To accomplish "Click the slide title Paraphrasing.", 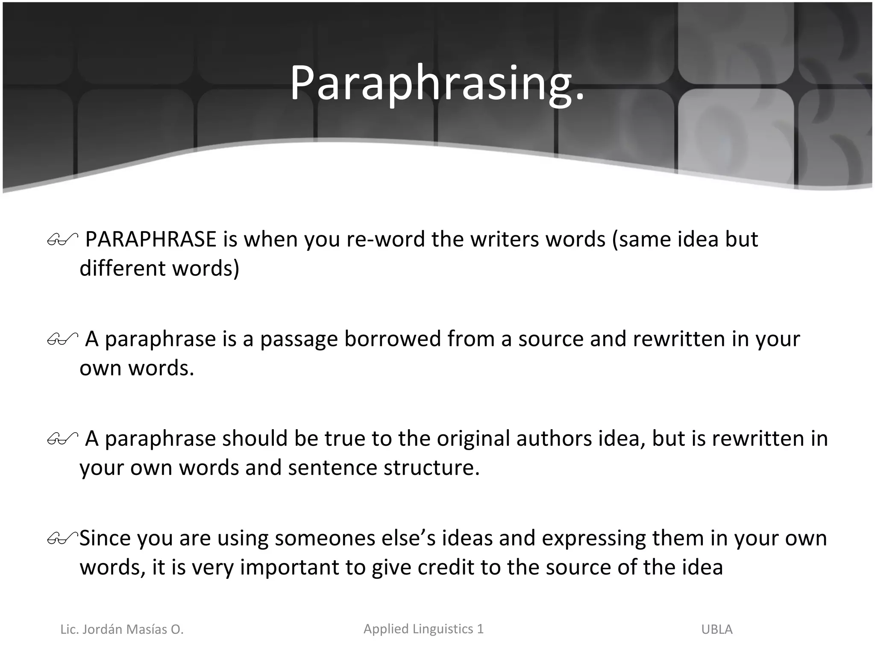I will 437,84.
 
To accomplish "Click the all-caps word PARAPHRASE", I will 151,239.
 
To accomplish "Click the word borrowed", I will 393,339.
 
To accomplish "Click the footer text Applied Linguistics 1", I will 423,629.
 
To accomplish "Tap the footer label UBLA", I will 717,630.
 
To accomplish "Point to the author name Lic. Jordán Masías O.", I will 122,630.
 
